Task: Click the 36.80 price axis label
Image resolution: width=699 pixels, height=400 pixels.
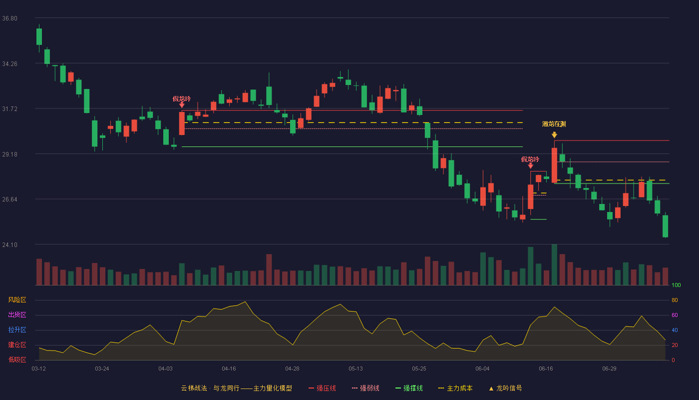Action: click(x=9, y=18)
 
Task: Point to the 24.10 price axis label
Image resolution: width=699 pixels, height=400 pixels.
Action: click(x=9, y=244)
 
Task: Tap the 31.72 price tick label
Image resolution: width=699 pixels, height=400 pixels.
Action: click(x=9, y=109)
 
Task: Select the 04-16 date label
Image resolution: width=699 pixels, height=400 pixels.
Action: click(x=229, y=369)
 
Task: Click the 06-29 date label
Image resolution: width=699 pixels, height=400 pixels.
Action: click(x=610, y=369)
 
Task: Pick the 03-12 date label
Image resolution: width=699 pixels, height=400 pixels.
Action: click(x=39, y=369)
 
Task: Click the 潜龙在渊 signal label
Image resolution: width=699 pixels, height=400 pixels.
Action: click(x=554, y=124)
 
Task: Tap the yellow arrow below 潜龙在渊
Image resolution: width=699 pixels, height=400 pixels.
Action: click(x=554, y=134)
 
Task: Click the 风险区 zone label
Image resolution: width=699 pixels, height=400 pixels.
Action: click(x=17, y=300)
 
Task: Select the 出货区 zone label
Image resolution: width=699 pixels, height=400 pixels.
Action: click(x=17, y=314)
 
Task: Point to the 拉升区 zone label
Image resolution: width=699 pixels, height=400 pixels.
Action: click(x=17, y=329)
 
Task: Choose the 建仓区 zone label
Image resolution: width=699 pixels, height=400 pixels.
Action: click(x=17, y=344)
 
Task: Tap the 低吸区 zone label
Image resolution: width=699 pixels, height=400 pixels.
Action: click(x=17, y=359)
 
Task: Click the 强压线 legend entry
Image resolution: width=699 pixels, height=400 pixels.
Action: click(x=322, y=388)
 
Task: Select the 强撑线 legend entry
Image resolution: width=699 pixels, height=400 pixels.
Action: click(x=409, y=388)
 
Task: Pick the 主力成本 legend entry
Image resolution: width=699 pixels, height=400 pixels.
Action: click(x=455, y=388)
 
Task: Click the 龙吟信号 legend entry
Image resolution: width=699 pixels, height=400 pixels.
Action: click(x=505, y=388)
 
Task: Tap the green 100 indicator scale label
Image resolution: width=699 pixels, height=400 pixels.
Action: click(x=676, y=285)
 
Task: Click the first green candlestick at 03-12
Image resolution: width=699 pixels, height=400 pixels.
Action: click(x=39, y=37)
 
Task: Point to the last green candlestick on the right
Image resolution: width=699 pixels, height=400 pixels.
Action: click(x=665, y=226)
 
